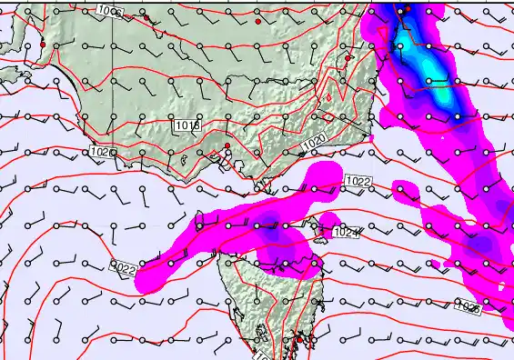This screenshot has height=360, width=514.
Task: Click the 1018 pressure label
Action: [187, 125]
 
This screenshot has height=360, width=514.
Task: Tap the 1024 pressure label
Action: [347, 234]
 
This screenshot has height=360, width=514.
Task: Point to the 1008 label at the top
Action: [111, 12]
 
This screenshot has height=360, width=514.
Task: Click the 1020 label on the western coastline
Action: [103, 152]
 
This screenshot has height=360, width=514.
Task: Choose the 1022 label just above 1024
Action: [358, 182]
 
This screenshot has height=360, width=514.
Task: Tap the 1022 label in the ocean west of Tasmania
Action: [123, 268]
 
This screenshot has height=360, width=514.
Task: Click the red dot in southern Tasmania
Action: [299, 339]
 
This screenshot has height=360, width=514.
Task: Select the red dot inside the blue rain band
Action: [407, 8]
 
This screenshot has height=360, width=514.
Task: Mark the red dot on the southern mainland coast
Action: [227, 145]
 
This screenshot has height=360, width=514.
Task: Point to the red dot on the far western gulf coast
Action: [42, 45]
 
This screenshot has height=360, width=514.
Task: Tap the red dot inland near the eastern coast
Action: [348, 58]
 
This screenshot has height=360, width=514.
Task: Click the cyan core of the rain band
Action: [441, 91]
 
